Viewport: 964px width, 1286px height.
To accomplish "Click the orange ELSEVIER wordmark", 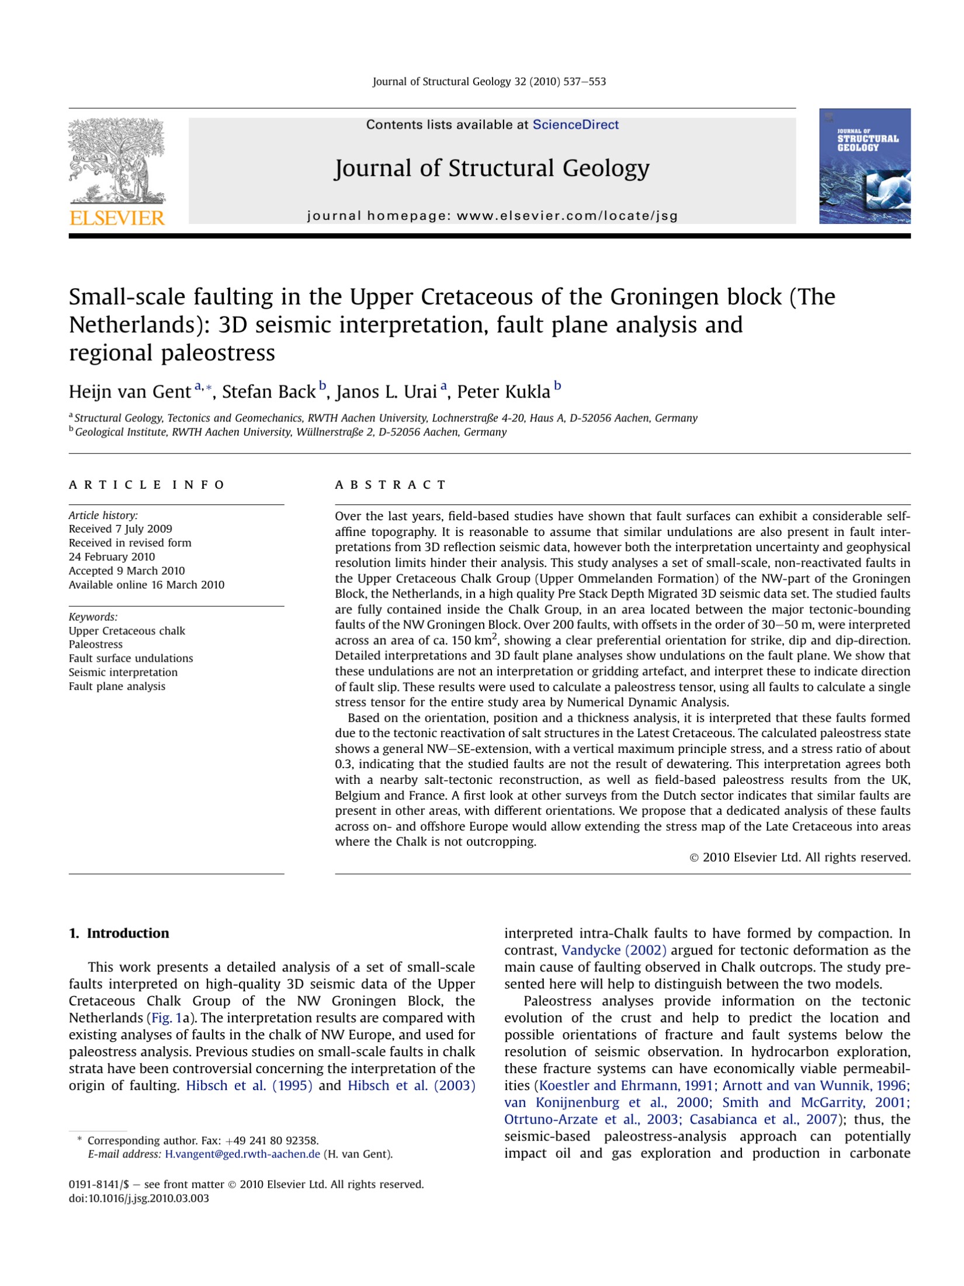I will pyautogui.click(x=117, y=218).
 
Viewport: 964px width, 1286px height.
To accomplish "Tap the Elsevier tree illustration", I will pyautogui.click(x=117, y=161).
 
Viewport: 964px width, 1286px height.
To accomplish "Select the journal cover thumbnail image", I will pyautogui.click(x=864, y=166).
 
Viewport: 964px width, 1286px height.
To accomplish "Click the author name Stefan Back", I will pyautogui.click(x=268, y=392).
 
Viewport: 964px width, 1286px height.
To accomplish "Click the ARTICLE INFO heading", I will pyautogui.click(x=147, y=485).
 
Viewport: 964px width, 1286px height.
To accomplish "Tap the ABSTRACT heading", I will pyautogui.click(x=390, y=485).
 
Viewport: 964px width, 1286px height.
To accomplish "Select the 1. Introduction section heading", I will pyautogui.click(x=119, y=934).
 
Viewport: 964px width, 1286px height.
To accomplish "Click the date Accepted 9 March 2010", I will pyautogui.click(x=127, y=571).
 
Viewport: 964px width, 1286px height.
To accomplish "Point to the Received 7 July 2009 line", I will pyautogui.click(x=120, y=529).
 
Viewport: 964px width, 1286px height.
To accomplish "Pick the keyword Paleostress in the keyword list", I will pyautogui.click(x=96, y=644).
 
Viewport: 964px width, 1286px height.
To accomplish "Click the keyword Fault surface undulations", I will pyautogui.click(x=131, y=658).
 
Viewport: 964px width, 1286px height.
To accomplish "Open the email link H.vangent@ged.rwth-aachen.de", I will pyautogui.click(x=242, y=1154).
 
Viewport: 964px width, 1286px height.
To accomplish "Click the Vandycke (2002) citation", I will pyautogui.click(x=613, y=950).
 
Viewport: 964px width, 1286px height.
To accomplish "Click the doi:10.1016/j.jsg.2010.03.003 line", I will pyautogui.click(x=139, y=1198).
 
